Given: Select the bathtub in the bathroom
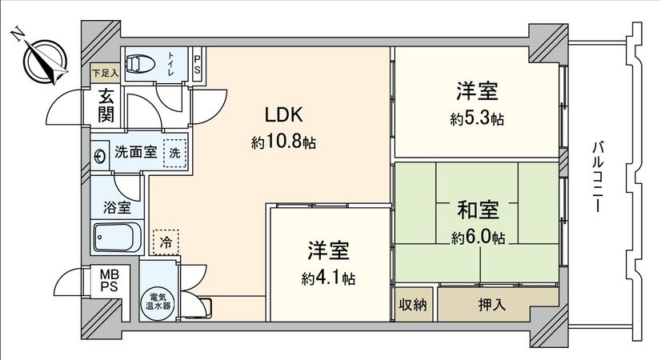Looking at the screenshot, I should (117, 237).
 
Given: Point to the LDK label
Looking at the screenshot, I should (283, 114).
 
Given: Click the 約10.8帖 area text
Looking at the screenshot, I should (283, 143).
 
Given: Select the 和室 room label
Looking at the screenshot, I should (478, 210).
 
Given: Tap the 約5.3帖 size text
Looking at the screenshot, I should (477, 119).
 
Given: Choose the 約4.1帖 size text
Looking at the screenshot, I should (329, 278).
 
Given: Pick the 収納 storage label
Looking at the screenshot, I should (414, 304).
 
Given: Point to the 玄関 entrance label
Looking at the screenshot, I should (106, 104).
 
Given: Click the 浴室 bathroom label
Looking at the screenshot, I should (117, 208).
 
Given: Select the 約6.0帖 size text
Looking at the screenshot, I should (478, 238).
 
